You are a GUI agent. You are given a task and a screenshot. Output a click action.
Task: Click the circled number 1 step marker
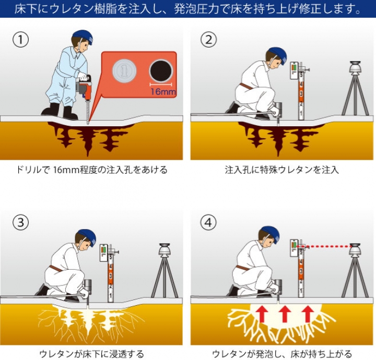(20, 40)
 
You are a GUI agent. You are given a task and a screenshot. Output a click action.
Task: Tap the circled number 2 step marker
(208, 40)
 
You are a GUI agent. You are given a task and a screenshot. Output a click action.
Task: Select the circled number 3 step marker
(20, 222)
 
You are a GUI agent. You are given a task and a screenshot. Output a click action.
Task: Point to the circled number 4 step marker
(208, 222)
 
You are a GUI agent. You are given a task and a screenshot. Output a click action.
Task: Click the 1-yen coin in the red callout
(124, 71)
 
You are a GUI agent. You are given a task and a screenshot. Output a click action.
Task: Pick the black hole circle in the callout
(161, 71)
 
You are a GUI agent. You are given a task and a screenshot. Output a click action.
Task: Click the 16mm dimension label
(163, 91)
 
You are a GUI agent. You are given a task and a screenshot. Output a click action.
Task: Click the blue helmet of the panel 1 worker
(83, 37)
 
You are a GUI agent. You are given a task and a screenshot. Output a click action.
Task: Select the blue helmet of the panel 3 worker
(86, 236)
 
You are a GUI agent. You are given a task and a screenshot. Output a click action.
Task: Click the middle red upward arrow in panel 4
(285, 314)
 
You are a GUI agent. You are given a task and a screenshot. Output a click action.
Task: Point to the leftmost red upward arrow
(262, 314)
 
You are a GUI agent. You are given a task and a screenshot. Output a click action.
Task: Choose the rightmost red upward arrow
(308, 314)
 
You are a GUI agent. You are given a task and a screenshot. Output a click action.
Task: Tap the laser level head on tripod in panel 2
(355, 67)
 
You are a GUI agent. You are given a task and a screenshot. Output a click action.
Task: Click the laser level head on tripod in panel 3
(164, 250)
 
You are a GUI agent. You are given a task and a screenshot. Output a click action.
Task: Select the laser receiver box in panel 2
(293, 70)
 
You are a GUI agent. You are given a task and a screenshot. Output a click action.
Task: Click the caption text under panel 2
(282, 170)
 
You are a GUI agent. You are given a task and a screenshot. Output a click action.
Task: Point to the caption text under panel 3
(91, 354)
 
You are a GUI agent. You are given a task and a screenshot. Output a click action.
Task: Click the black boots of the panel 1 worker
(60, 112)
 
